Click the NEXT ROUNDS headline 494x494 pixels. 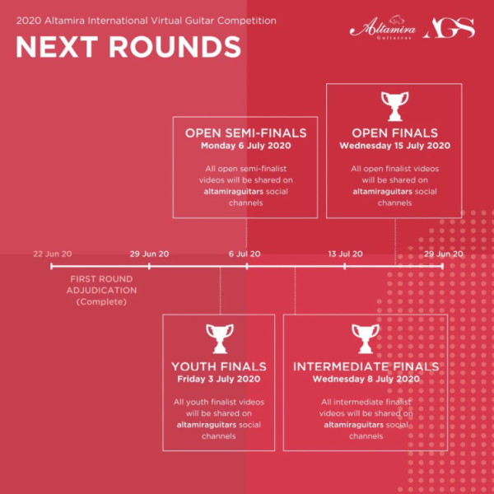pos(128,47)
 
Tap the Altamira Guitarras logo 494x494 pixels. pos(383,28)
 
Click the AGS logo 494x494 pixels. pos(449,28)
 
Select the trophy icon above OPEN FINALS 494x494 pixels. pos(394,106)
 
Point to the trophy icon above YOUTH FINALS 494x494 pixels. pos(220,338)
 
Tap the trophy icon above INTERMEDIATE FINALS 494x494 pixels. pos(366,338)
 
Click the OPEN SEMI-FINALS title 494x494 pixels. pos(245,133)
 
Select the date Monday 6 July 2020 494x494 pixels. pos(245,146)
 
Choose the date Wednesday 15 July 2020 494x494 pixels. pos(394,146)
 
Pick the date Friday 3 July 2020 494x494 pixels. pos(219,379)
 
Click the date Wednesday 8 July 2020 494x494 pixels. pos(366,379)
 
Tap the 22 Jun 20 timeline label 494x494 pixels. pos(53,254)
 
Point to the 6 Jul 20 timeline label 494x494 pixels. pos(245,254)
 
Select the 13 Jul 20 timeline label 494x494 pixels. pos(345,254)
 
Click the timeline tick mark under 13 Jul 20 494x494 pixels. pos(345,266)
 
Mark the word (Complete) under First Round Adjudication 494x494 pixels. pos(101,302)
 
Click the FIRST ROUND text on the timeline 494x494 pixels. pos(101,279)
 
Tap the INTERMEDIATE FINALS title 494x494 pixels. pos(366,366)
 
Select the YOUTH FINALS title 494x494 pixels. pos(219,366)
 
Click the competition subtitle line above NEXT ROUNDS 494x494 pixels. pos(147,21)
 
